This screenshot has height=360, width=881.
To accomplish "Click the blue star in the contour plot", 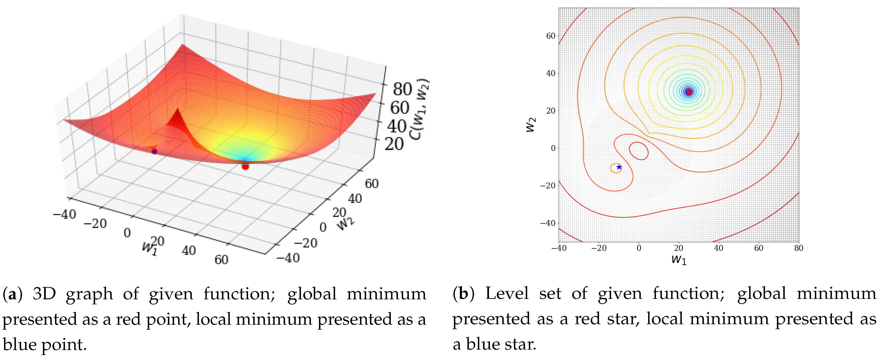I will (x=619, y=167).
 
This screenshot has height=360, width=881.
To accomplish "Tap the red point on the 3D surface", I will (x=245, y=167).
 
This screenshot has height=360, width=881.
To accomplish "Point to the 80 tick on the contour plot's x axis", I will (x=798, y=248).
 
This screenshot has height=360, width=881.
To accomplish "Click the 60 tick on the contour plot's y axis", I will (x=551, y=36).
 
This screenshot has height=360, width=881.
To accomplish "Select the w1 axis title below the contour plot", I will (x=679, y=260).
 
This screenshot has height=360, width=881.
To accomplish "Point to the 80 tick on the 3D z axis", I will (x=402, y=89).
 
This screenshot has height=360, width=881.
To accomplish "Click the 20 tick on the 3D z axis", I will (x=394, y=144).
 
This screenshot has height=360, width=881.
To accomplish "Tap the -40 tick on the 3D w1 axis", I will (x=64, y=214).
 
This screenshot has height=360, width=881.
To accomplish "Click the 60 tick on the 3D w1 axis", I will (x=221, y=260).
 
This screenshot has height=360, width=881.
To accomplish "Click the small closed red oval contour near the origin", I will (x=639, y=151).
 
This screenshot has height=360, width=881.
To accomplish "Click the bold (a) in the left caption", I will (x=13, y=294).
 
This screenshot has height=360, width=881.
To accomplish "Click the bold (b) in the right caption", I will (x=463, y=294).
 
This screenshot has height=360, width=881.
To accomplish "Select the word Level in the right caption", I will (x=507, y=294).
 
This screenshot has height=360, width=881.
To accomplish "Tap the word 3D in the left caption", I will (x=44, y=294).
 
